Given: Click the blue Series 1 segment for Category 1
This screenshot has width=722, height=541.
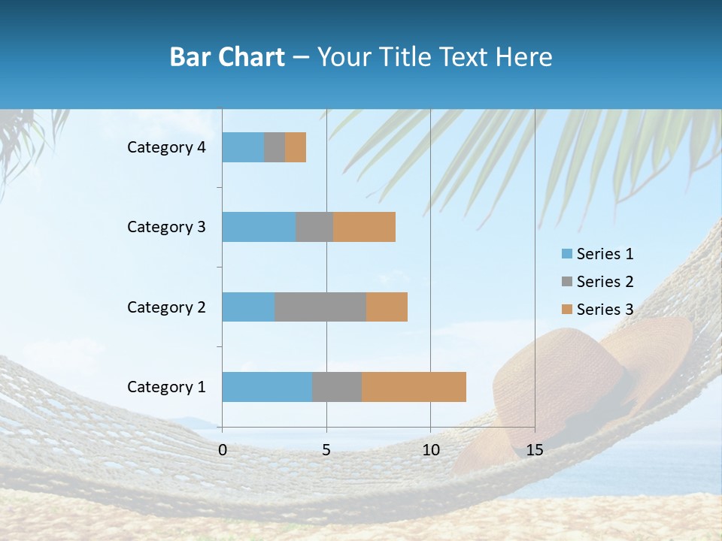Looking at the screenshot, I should point(267,386).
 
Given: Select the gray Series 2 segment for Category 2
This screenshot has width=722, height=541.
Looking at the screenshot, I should point(320,307).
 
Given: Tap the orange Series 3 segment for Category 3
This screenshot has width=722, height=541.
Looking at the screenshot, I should point(364,227).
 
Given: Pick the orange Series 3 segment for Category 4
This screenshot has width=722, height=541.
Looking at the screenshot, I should point(296,147).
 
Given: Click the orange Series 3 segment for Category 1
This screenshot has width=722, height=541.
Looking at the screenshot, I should point(414,386).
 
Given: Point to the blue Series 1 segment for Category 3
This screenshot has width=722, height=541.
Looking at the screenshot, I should point(259,227).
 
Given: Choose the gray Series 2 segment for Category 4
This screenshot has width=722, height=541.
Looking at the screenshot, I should point(275,147).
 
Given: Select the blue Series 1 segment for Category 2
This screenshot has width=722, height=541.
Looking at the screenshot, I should point(248,307).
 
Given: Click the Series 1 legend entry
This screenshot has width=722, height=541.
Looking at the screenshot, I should point(598,254).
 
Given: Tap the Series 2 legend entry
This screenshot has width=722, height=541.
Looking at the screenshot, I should point(598,282).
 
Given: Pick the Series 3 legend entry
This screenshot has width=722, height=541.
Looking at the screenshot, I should point(598,310).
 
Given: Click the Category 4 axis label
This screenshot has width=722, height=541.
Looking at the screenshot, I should point(166,147).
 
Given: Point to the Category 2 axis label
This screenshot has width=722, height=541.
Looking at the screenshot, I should point(166,307).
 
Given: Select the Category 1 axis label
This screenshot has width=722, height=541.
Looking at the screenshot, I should point(166,387).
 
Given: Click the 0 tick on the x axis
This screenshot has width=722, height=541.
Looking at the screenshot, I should point(223,450).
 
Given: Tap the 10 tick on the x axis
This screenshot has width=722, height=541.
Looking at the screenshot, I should point(430,450).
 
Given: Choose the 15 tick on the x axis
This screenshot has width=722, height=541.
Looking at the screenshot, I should point(534,450).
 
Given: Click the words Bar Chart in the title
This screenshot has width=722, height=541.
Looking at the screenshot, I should point(227,57).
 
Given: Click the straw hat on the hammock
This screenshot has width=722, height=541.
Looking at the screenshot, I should point(579,376).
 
